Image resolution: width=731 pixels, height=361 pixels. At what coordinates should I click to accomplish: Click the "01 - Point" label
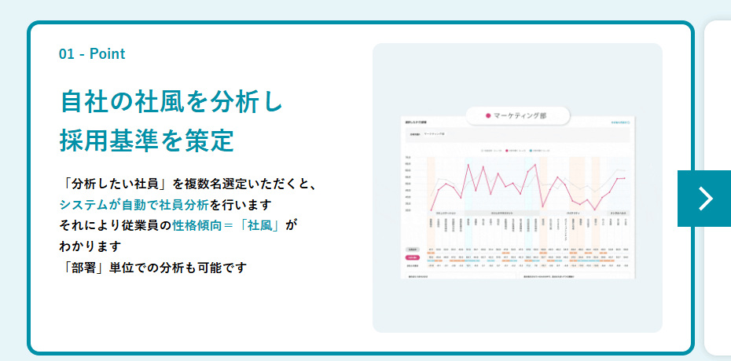pyautogui.click(x=92, y=54)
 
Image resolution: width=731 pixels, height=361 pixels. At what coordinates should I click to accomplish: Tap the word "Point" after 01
pyautogui.click(x=108, y=54)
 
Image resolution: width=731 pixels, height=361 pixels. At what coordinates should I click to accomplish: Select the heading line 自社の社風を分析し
pyautogui.click(x=171, y=102)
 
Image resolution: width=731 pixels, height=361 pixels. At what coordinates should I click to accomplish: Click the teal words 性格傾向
pyautogui.click(x=197, y=226)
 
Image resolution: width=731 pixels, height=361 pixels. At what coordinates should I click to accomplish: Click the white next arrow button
pyautogui.click(x=705, y=199)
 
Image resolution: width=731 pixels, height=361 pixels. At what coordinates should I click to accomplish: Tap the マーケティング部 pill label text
pyautogui.click(x=520, y=115)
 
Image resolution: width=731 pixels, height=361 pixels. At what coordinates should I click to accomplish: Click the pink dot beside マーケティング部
pyautogui.click(x=488, y=115)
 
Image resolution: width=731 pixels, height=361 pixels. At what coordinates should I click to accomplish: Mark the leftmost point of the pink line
pyautogui.click(x=432, y=210)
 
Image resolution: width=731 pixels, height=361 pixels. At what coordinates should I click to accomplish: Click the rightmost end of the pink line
pyautogui.click(x=625, y=179)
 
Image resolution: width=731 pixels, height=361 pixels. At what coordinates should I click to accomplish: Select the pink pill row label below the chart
pyautogui.click(x=412, y=257)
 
